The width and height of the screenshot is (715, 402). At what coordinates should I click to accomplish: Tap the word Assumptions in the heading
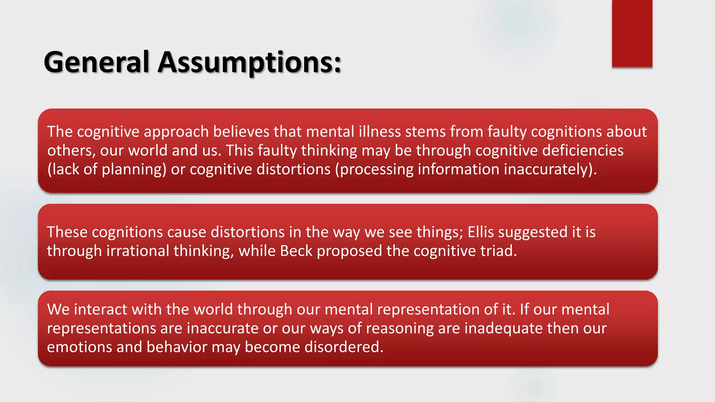pyautogui.click(x=249, y=62)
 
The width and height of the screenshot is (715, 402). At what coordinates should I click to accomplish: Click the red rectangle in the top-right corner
pyautogui.click(x=632, y=33)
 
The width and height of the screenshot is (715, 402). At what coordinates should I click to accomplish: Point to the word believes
pyautogui.click(x=241, y=132)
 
